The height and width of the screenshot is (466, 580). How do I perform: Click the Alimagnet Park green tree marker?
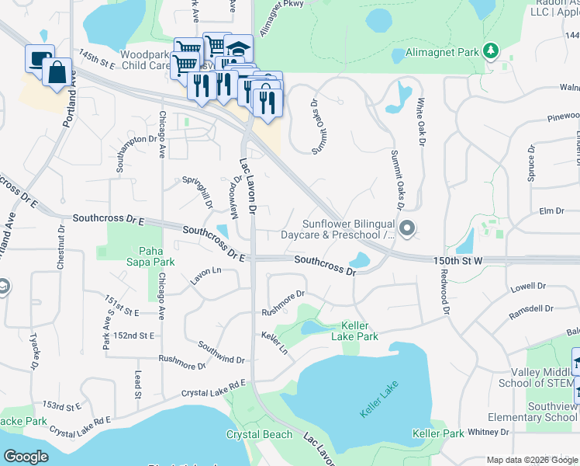(x=490, y=51)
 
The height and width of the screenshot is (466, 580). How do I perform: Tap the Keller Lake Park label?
(x=354, y=331)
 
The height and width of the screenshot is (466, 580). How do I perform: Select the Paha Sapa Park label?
(x=140, y=256)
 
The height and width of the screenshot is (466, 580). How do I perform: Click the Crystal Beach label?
(x=259, y=435)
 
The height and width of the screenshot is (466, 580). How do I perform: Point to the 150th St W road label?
(x=458, y=262)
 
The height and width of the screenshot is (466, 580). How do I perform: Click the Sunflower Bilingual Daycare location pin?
(x=409, y=228)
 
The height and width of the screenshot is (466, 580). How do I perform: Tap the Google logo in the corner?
(x=26, y=457)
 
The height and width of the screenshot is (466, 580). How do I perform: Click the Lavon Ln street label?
(x=205, y=272)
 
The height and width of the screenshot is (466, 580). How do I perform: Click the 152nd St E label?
(x=133, y=335)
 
